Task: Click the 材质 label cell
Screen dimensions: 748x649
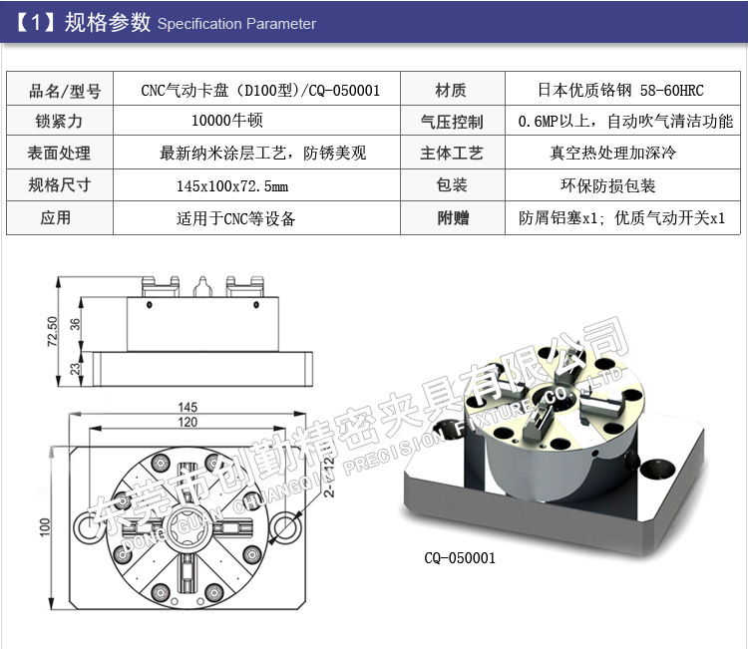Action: pos(451,91)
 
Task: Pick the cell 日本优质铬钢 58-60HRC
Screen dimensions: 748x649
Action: pos(620,91)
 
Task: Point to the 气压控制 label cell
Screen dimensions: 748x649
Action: pos(452,122)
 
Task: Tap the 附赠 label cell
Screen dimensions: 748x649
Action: pos(452,218)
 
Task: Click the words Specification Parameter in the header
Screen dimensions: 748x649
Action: pos(236,24)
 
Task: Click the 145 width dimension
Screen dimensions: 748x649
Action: pos(187,408)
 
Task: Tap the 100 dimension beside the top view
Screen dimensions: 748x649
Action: pos(44,526)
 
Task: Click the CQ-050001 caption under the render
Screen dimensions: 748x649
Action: pos(460,558)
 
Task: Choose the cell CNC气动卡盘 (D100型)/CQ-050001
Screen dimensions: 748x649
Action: pos(260,91)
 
